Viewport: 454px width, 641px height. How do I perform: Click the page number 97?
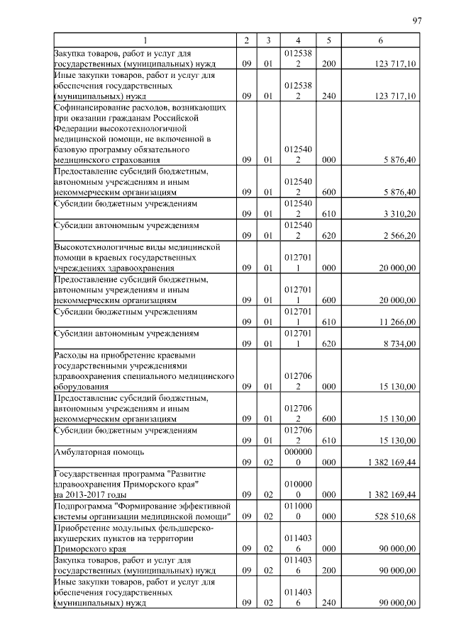(416, 21)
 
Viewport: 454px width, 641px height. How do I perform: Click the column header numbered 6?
(381, 40)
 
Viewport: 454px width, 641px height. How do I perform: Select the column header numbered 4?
(294, 40)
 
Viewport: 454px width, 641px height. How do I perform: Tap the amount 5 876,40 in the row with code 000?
(399, 161)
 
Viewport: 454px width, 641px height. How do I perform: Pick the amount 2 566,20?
(399, 235)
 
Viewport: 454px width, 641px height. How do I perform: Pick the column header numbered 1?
(144, 40)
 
